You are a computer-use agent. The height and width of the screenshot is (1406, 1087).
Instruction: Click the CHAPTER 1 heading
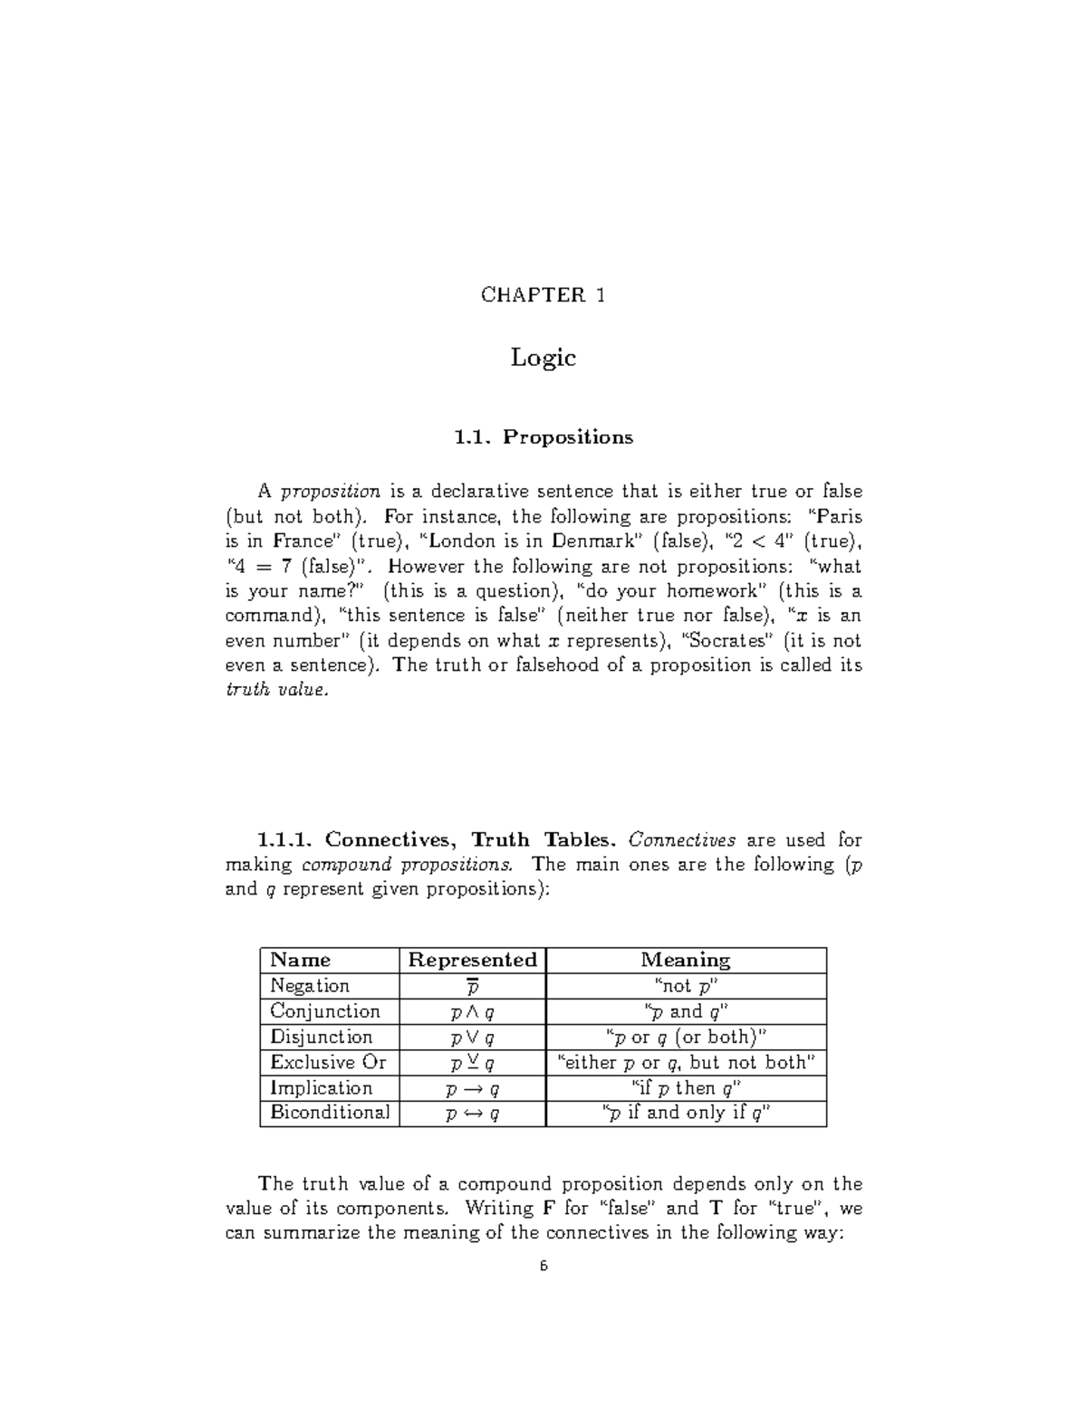543,295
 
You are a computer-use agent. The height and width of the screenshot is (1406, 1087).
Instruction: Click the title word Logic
543,358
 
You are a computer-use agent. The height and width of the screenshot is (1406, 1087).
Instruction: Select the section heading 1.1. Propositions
543,437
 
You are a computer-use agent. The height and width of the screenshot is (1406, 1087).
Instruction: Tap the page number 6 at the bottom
543,1267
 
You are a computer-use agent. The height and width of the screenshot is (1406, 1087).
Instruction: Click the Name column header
301,961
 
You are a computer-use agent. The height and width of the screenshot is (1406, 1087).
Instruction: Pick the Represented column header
472,961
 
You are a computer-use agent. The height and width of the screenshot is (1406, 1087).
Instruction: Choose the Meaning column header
686,961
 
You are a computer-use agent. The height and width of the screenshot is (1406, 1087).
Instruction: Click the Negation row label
310,986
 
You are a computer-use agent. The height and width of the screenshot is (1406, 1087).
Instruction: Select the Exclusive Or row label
328,1063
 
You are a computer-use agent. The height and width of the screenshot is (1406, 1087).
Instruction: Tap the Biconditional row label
330,1113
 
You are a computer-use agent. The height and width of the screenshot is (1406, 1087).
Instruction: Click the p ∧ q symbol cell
472,1012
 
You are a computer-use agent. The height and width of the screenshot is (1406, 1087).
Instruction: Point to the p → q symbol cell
472,1089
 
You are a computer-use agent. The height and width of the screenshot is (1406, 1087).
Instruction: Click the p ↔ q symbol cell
472,1114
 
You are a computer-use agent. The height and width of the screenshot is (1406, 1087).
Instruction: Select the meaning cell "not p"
686,987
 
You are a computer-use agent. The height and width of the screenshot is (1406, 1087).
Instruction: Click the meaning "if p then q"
686,1088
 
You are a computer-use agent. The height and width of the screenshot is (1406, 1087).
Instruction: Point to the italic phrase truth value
274,690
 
